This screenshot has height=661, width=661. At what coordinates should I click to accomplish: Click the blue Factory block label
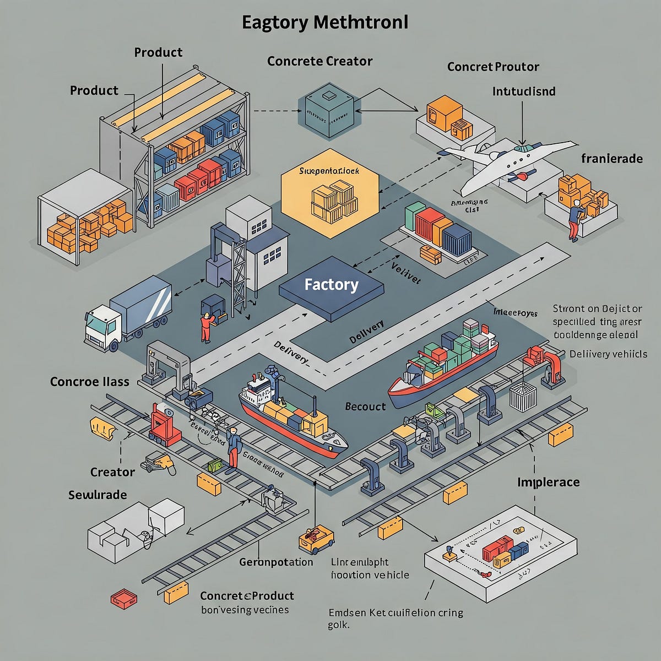331,285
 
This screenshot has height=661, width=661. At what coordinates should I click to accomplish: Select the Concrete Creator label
319,61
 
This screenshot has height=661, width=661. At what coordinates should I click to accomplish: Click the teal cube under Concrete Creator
326,109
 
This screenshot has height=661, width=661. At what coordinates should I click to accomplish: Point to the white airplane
507,160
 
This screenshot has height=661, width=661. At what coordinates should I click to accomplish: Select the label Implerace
548,483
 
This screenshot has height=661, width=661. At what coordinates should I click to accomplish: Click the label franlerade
611,159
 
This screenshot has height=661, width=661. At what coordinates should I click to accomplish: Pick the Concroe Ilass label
90,381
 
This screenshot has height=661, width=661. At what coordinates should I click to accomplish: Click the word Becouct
365,407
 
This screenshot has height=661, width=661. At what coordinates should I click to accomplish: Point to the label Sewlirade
97,495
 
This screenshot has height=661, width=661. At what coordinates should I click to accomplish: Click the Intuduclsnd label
523,91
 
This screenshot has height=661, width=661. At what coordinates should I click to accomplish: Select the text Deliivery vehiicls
608,354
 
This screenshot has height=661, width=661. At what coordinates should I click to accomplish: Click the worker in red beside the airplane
574,219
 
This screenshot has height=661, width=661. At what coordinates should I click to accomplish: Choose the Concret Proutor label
493,67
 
